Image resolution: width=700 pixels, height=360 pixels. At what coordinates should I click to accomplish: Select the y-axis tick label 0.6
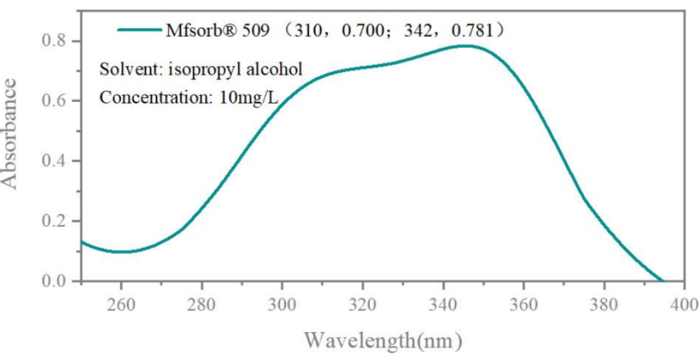[56, 100]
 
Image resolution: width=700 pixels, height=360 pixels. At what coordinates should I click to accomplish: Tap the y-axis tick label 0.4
[56, 161]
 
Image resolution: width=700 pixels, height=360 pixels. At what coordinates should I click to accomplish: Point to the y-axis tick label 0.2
[56, 221]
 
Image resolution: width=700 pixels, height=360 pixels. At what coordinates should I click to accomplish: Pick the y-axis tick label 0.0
[56, 281]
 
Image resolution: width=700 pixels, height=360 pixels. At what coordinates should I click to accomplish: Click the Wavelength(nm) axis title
[384, 342]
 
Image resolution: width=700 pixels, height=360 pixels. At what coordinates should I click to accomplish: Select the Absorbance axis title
[13, 134]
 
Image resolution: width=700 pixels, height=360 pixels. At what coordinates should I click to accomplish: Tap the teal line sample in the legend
[139, 30]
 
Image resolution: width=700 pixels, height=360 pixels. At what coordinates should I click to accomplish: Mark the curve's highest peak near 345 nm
[465, 46]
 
